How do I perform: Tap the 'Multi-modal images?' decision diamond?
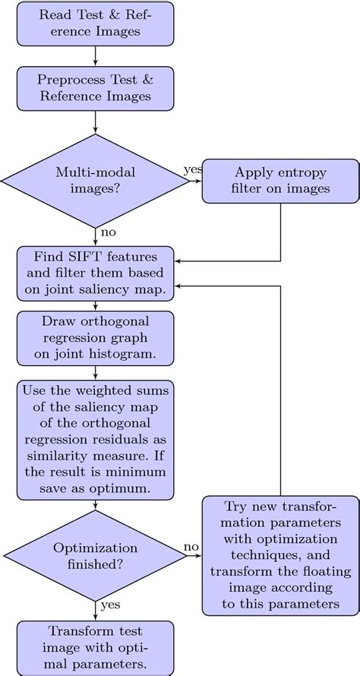coord(95,181)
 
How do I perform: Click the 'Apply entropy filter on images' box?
coord(281,181)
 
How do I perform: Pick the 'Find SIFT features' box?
coord(95,272)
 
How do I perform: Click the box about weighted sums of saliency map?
coord(95,440)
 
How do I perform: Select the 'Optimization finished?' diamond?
coord(95,556)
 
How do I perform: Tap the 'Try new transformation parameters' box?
coord(281,556)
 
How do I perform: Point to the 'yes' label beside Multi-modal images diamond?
coord(192,169)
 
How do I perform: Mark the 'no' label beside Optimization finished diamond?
coord(192,546)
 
